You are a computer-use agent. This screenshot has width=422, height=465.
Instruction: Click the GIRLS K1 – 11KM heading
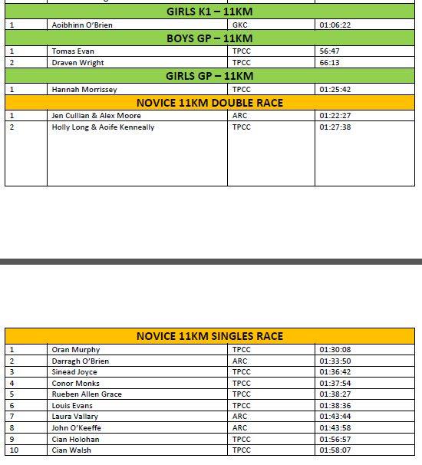click(209, 12)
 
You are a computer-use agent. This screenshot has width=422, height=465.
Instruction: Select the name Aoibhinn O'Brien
click(82, 25)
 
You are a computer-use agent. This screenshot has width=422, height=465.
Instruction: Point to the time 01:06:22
click(335, 25)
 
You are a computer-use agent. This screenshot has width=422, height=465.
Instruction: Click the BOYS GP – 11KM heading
click(209, 38)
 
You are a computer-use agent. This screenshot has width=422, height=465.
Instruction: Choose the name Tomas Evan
click(73, 51)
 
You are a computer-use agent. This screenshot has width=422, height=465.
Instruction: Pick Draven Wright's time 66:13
click(330, 62)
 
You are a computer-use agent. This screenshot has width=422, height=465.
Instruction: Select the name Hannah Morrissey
click(84, 90)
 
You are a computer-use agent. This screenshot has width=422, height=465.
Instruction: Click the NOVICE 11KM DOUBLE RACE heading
click(209, 103)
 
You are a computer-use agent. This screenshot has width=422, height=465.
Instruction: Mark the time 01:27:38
click(335, 127)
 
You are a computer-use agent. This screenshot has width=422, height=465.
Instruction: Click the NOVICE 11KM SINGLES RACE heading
click(209, 336)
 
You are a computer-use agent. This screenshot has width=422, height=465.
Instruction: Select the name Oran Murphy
click(76, 350)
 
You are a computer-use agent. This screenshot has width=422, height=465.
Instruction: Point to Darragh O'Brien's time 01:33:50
click(335, 361)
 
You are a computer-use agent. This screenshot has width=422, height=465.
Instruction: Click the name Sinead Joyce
click(74, 372)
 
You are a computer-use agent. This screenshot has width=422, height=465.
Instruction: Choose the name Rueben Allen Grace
click(87, 394)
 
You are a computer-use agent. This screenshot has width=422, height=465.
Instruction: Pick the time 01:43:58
click(335, 428)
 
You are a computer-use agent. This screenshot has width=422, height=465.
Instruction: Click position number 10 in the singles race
click(14, 450)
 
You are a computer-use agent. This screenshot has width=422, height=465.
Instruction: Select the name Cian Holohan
click(76, 440)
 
